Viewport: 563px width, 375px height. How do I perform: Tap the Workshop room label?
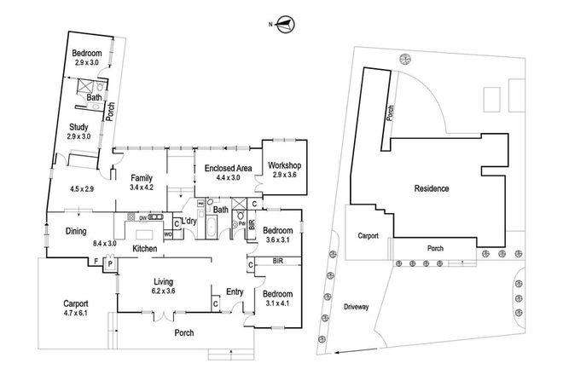point(283,164)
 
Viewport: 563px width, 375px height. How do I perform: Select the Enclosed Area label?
point(222,169)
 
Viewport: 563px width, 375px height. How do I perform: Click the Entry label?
point(235,292)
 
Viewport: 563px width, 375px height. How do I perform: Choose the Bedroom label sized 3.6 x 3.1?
point(279,230)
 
